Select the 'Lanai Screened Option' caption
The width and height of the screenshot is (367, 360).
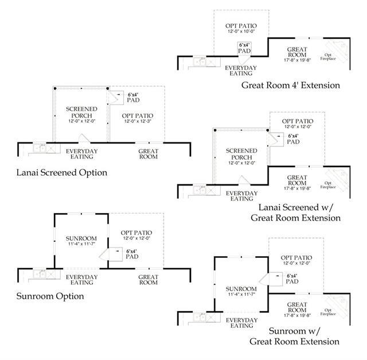[61, 172]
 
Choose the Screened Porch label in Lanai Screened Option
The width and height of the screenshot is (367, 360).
[81, 112]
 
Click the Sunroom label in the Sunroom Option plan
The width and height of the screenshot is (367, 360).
[81, 238]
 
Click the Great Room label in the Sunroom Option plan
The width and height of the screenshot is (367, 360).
[148, 280]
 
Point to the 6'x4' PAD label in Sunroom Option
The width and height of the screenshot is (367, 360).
[131, 254]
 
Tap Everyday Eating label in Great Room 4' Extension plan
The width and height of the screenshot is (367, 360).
[241, 71]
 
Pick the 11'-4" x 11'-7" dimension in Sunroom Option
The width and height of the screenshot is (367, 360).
[81, 245]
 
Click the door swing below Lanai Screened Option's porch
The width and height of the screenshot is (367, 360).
[83, 138]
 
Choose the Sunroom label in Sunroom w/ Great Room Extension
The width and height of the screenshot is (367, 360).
[241, 289]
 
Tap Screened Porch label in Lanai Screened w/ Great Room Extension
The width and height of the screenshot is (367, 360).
[241, 153]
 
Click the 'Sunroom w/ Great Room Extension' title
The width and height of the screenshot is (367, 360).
[294, 336]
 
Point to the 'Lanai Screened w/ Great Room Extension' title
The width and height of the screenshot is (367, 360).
[299, 212]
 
